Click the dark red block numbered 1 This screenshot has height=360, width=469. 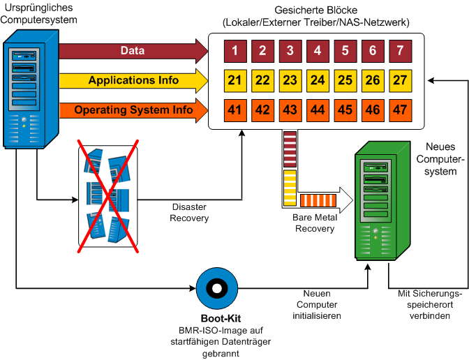235,51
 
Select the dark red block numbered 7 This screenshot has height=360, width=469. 400,51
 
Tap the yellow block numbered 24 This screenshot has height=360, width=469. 318,81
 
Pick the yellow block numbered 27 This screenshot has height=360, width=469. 400,81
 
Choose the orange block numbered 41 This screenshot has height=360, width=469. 235,110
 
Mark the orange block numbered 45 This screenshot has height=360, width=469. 345,110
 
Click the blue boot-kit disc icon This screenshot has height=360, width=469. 216,287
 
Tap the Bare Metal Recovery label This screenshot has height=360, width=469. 315,223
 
